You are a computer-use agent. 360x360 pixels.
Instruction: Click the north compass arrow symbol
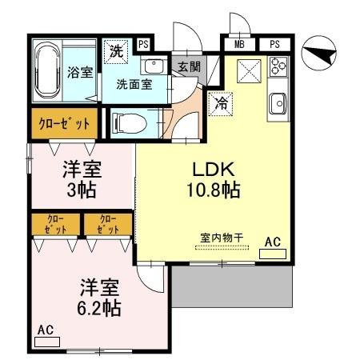(323, 54)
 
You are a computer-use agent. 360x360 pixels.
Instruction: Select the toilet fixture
(127, 122)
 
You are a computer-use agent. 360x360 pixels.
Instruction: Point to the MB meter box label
(239, 43)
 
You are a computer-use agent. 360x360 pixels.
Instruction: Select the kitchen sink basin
(278, 103)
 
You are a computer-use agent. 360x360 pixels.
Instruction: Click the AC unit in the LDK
(273, 253)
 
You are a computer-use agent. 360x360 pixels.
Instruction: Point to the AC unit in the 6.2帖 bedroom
(47, 341)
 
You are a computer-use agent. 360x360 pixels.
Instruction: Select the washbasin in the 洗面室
(154, 66)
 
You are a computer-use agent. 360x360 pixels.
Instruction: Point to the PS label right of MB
(274, 43)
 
